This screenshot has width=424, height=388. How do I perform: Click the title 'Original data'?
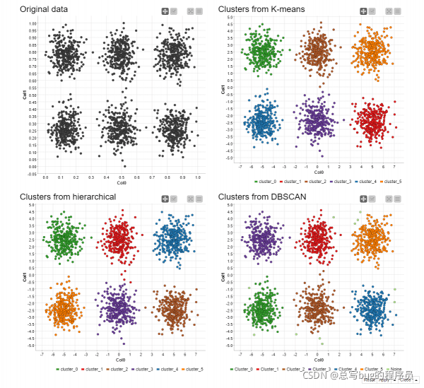click(x=44, y=9)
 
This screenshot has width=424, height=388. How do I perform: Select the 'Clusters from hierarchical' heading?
click(x=68, y=196)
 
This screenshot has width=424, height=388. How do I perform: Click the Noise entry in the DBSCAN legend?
click(x=396, y=369)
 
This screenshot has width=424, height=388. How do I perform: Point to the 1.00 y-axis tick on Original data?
click(x=33, y=23)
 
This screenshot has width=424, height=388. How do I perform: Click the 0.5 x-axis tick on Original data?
click(x=122, y=177)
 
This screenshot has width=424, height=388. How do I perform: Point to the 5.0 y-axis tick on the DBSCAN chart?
click(x=230, y=204)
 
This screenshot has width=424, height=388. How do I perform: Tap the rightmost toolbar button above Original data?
click(x=199, y=11)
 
